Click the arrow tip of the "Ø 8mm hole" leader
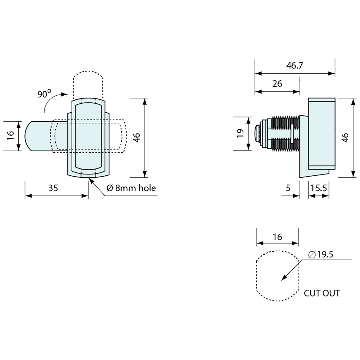[89, 178]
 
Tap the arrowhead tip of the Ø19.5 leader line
[281, 280]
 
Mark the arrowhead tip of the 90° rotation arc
[68, 94]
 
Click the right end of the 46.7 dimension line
[335, 73]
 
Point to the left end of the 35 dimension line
[25, 196]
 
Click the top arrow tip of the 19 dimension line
[249, 117]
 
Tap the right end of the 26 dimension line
[299, 92]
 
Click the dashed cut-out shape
[278, 276]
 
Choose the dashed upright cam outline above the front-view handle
[88, 85]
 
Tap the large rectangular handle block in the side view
[321, 134]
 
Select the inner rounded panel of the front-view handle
[88, 137]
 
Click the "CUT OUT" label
[322, 293]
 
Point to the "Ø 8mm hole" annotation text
[131, 188]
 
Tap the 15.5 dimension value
[319, 188]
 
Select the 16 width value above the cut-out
[278, 237]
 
